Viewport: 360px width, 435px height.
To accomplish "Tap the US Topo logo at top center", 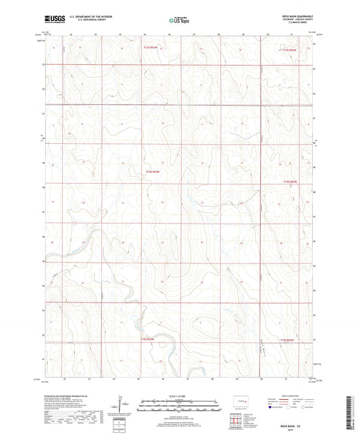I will [179, 21].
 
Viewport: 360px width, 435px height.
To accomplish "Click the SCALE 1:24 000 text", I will [179, 396].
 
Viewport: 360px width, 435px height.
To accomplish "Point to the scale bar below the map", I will [179, 407].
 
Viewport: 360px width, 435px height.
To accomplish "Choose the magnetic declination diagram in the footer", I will [120, 406].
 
